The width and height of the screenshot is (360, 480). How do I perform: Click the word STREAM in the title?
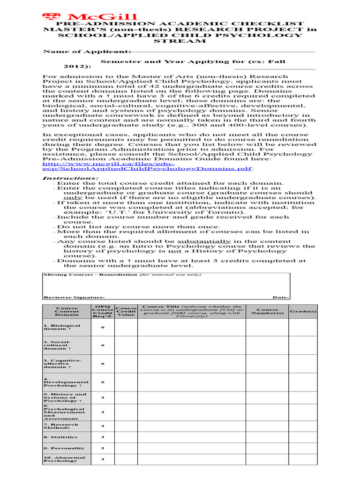point(180,41)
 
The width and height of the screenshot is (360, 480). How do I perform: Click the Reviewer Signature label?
point(74,297)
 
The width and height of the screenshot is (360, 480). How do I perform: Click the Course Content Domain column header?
point(67,312)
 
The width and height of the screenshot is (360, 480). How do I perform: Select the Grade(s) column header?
point(302,312)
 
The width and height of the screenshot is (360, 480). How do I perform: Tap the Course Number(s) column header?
point(267,312)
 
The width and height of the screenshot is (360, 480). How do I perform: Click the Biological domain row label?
point(62,327)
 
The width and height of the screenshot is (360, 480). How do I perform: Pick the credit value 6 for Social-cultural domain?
point(103,345)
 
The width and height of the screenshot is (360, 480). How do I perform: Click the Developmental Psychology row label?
point(66,382)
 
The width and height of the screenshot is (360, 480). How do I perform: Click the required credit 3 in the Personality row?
point(103,448)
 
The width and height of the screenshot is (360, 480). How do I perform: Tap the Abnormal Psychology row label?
point(64,459)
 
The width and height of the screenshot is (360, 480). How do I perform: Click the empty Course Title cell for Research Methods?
point(191,426)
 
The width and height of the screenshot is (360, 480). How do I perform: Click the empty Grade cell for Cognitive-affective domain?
point(302,363)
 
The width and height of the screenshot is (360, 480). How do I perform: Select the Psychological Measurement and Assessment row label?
point(64,412)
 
